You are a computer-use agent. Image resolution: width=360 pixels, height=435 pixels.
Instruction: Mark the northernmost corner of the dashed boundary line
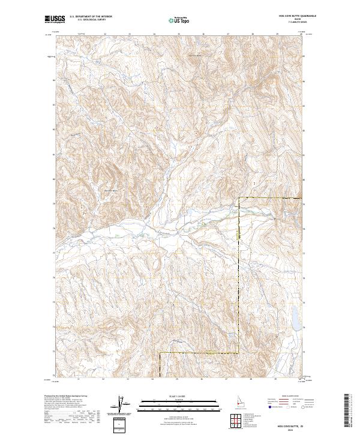pyautogui.click(x=239, y=198)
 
